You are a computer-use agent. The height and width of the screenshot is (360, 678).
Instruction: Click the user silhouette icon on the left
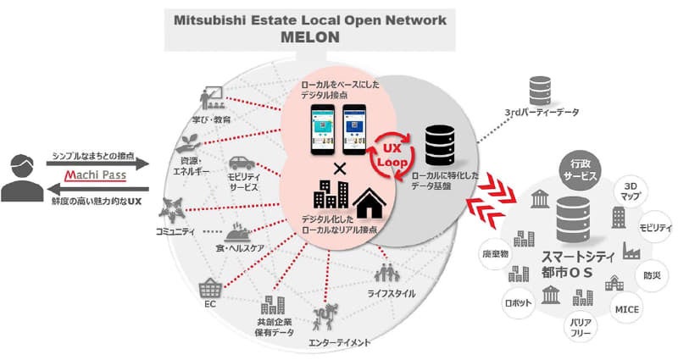click(x=22, y=179)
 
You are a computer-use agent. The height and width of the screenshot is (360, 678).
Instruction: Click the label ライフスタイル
click(x=391, y=293)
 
